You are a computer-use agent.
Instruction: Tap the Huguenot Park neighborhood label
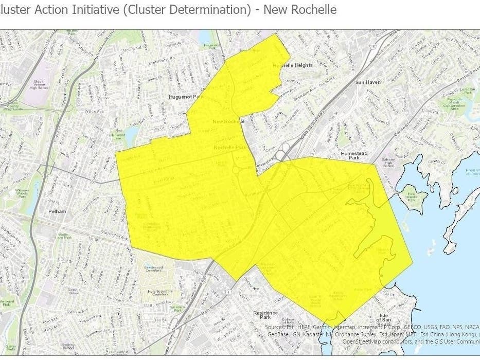187,97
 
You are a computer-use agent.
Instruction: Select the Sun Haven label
367,82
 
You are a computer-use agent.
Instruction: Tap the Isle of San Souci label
384,323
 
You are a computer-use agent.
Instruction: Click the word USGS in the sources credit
415,327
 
